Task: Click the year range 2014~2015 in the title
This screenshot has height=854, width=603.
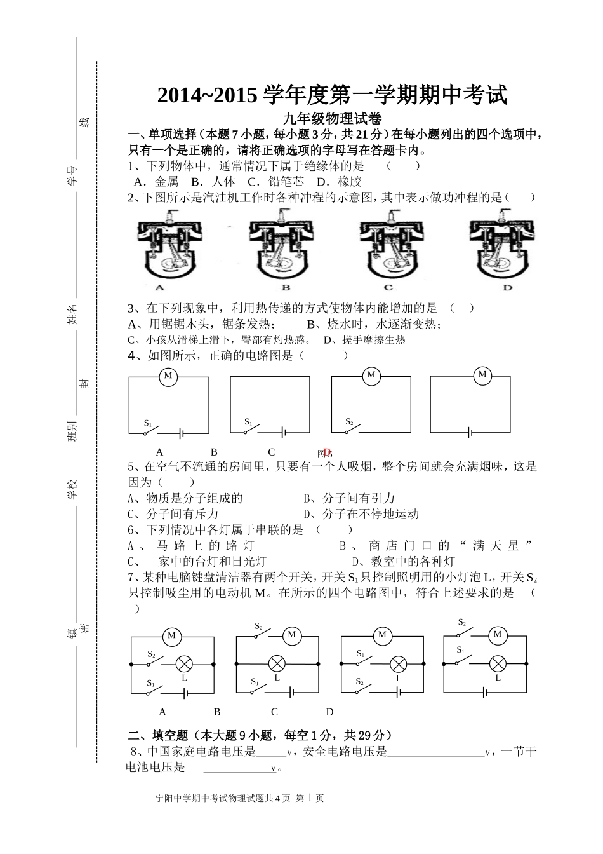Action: [207, 95]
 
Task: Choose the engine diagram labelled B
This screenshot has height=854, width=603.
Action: [280, 249]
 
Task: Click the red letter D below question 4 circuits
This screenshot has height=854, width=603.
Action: [328, 452]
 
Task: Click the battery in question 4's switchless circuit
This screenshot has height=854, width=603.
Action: [470, 433]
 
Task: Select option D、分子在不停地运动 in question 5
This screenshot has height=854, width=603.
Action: [361, 514]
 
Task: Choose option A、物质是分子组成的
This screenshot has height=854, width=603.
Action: [185, 498]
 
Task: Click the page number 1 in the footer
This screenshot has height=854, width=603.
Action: [310, 797]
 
